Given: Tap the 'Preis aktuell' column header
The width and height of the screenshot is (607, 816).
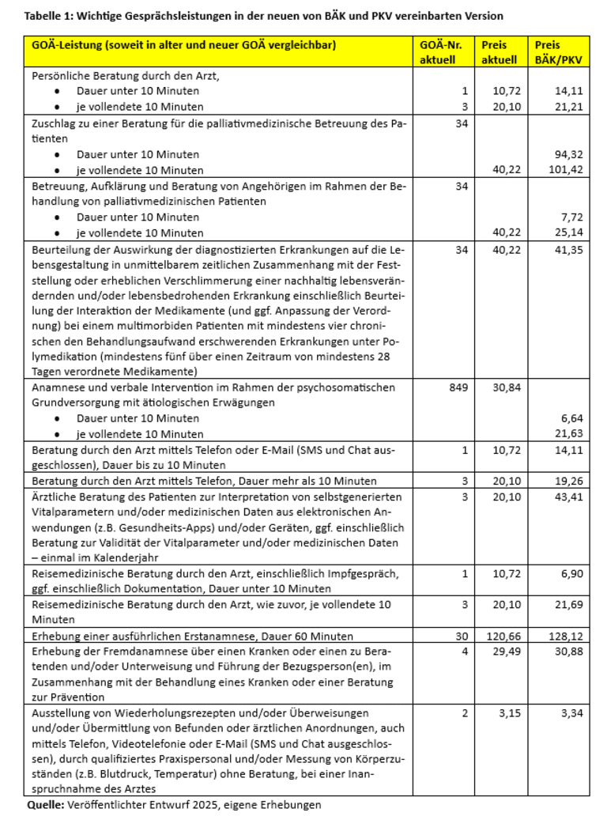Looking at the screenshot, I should [x=500, y=52].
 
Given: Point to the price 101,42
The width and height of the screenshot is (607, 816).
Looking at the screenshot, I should [x=567, y=170].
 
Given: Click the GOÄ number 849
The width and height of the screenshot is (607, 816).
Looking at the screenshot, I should [x=458, y=387].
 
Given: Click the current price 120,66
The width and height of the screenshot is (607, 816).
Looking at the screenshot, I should [x=502, y=636].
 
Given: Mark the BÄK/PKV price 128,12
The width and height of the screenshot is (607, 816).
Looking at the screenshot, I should [x=567, y=636].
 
